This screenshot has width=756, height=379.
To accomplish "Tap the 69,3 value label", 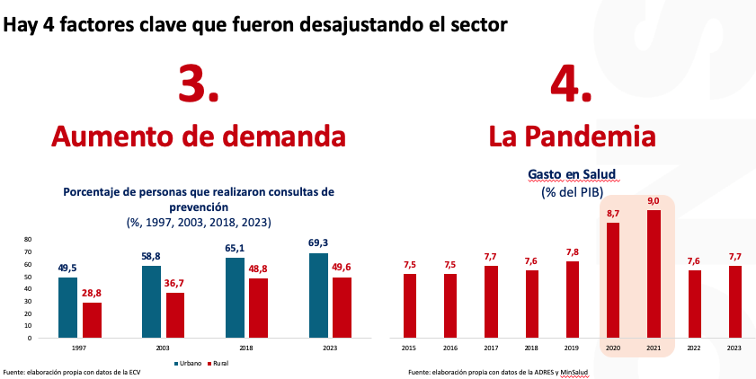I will coord(318,243).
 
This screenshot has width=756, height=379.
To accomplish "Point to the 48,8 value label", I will coord(259,269).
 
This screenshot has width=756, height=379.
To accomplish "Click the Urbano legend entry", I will coord(188,364).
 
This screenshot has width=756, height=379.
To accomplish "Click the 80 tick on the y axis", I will coord(28,240).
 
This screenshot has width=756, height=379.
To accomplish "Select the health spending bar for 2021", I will coord(654,274).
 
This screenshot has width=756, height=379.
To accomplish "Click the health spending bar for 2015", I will coord(410,305).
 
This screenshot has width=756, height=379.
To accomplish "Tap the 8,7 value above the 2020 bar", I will coord(613,213).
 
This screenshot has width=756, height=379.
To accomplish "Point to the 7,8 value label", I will coord(573,251).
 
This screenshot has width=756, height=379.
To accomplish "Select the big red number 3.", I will coord(199,85).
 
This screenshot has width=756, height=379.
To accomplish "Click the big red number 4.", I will coord(571,85).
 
